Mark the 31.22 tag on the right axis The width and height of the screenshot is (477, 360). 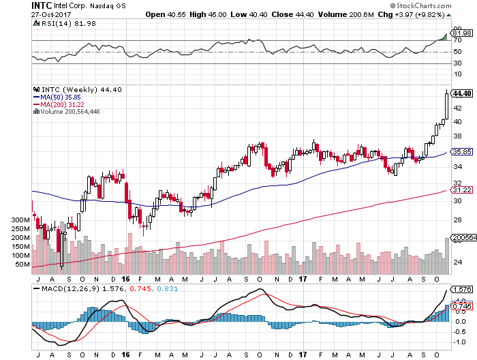click(x=462, y=190)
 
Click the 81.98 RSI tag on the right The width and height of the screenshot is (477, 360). click(x=463, y=32)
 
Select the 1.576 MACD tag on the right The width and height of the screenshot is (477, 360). click(x=463, y=289)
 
